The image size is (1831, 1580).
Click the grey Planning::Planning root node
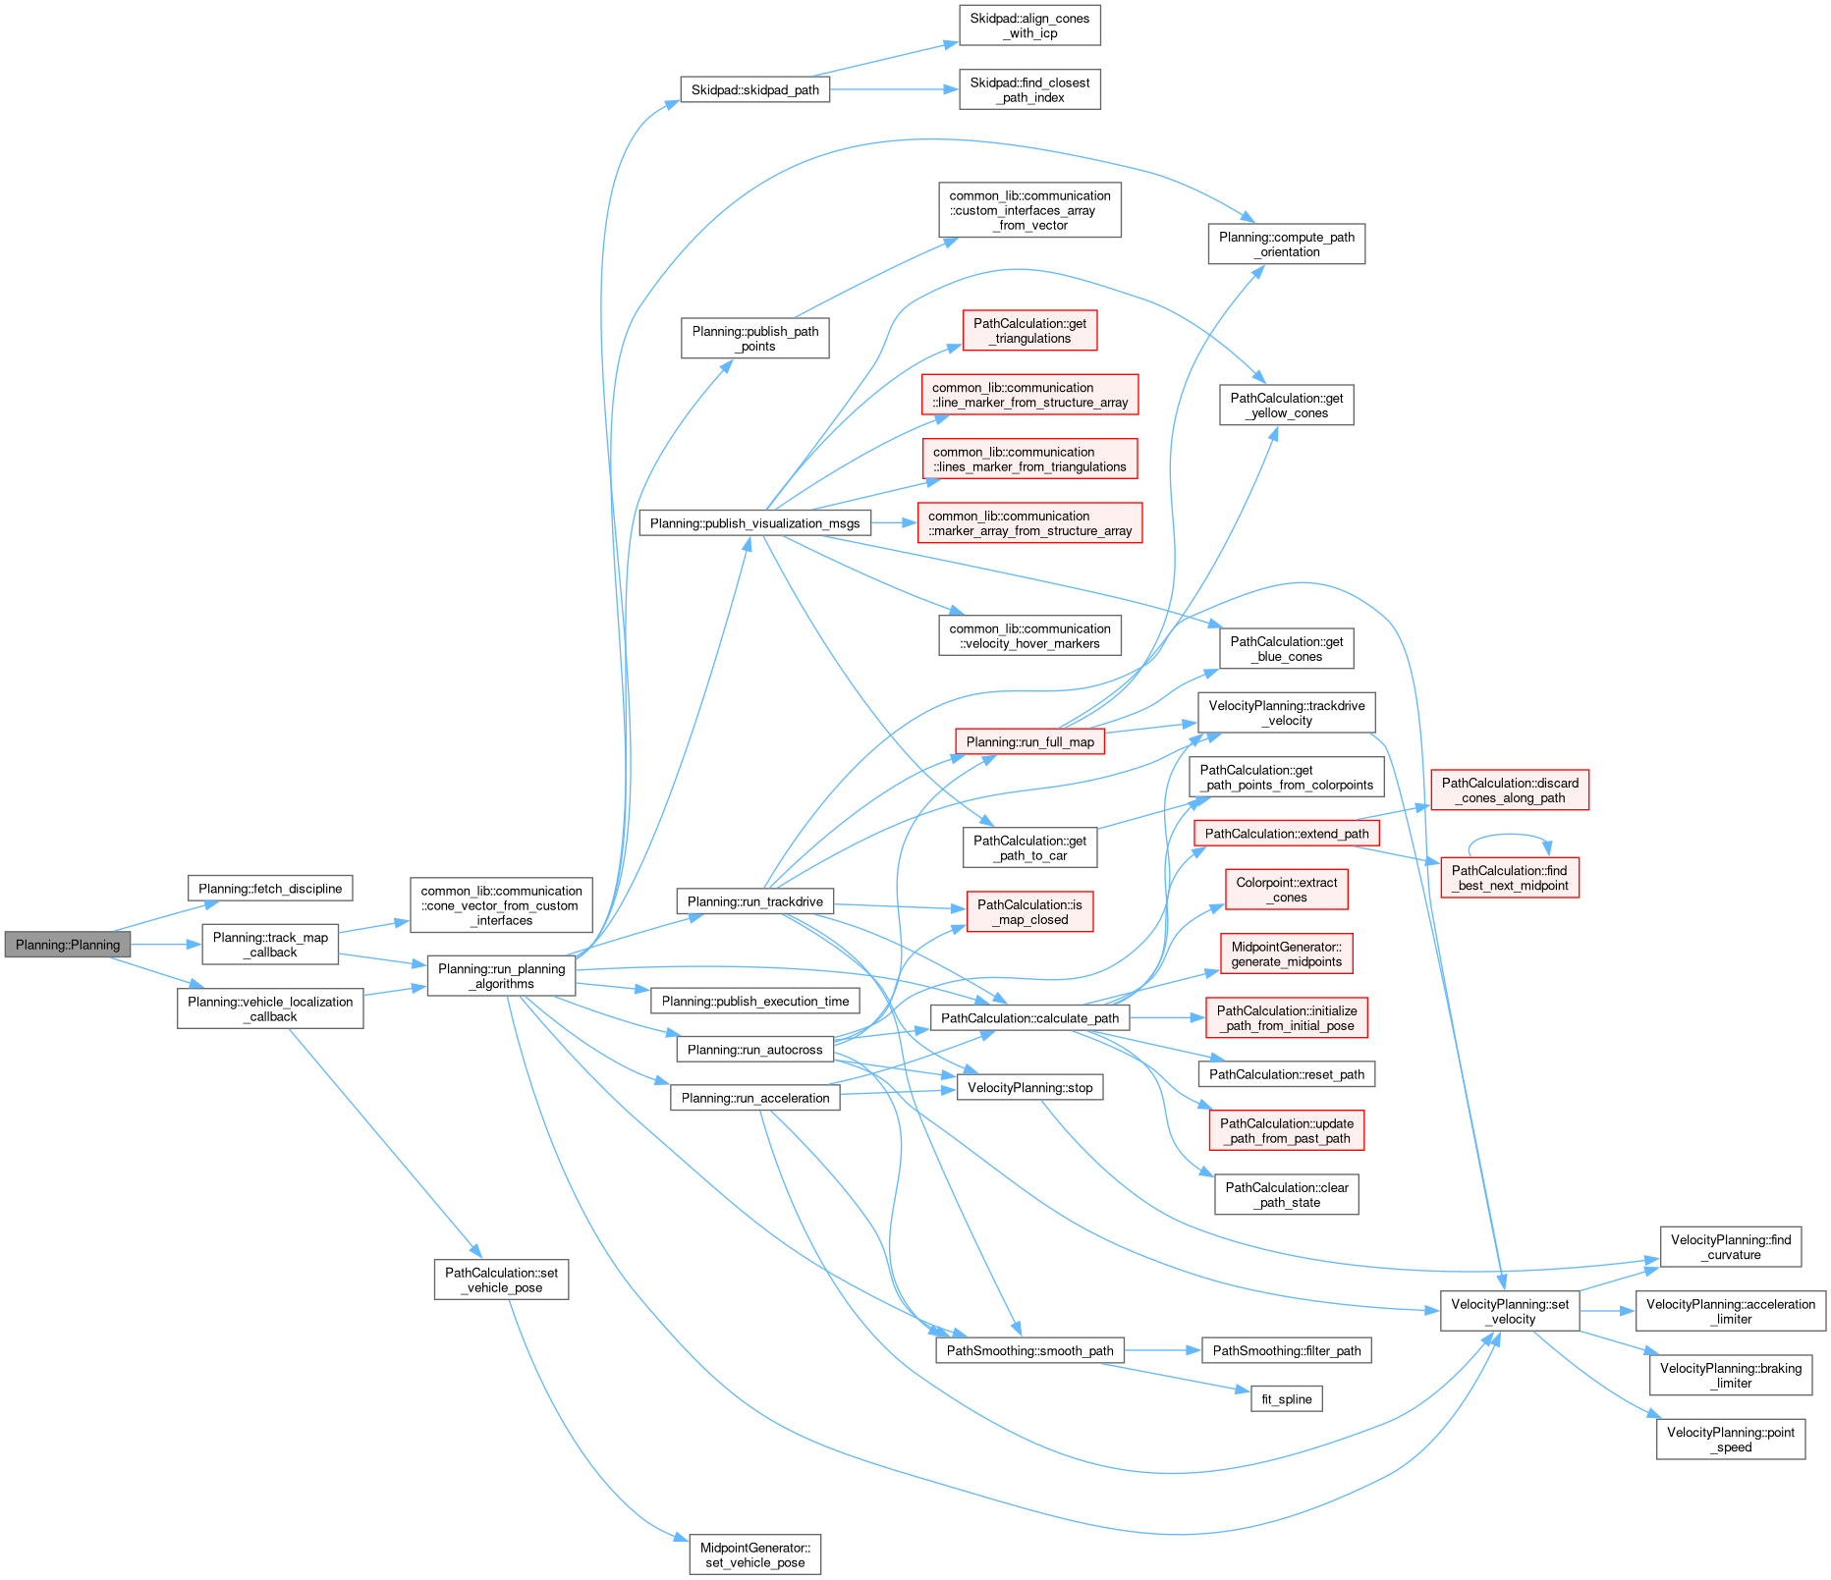pyautogui.click(x=67, y=945)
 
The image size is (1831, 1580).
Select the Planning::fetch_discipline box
pyautogui.click(x=270, y=889)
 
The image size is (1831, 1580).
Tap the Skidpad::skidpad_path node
pyautogui.click(x=754, y=89)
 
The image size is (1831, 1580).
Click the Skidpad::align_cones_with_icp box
pyautogui.click(x=1029, y=26)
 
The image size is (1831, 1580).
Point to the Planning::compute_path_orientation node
pyautogui.click(x=1286, y=244)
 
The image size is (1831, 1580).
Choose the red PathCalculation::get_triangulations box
pyautogui.click(x=1029, y=331)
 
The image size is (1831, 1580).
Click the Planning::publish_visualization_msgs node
pyautogui.click(x=754, y=523)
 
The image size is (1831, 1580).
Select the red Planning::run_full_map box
pyautogui.click(x=1029, y=741)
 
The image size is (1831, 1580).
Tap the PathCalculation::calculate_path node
pyautogui.click(x=1029, y=1017)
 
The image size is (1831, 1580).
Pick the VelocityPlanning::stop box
pyautogui.click(x=1029, y=1087)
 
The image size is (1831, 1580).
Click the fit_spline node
pyautogui.click(x=1286, y=1398)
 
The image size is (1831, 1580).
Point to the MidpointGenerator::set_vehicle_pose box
pyautogui.click(x=754, y=1554)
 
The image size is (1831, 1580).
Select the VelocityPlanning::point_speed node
pyautogui.click(x=1730, y=1440)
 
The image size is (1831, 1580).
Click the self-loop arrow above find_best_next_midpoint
pyautogui.click(x=1510, y=836)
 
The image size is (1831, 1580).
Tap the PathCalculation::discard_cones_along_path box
pyautogui.click(x=1509, y=790)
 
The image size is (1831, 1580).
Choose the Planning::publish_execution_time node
pyautogui.click(x=754, y=1001)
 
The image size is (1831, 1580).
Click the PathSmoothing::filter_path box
pyautogui.click(x=1286, y=1350)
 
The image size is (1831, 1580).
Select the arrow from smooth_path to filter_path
pyautogui.click(x=1163, y=1350)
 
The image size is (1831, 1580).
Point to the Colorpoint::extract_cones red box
pyautogui.click(x=1286, y=890)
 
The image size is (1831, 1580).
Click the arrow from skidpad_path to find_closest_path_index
pyautogui.click(x=894, y=89)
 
